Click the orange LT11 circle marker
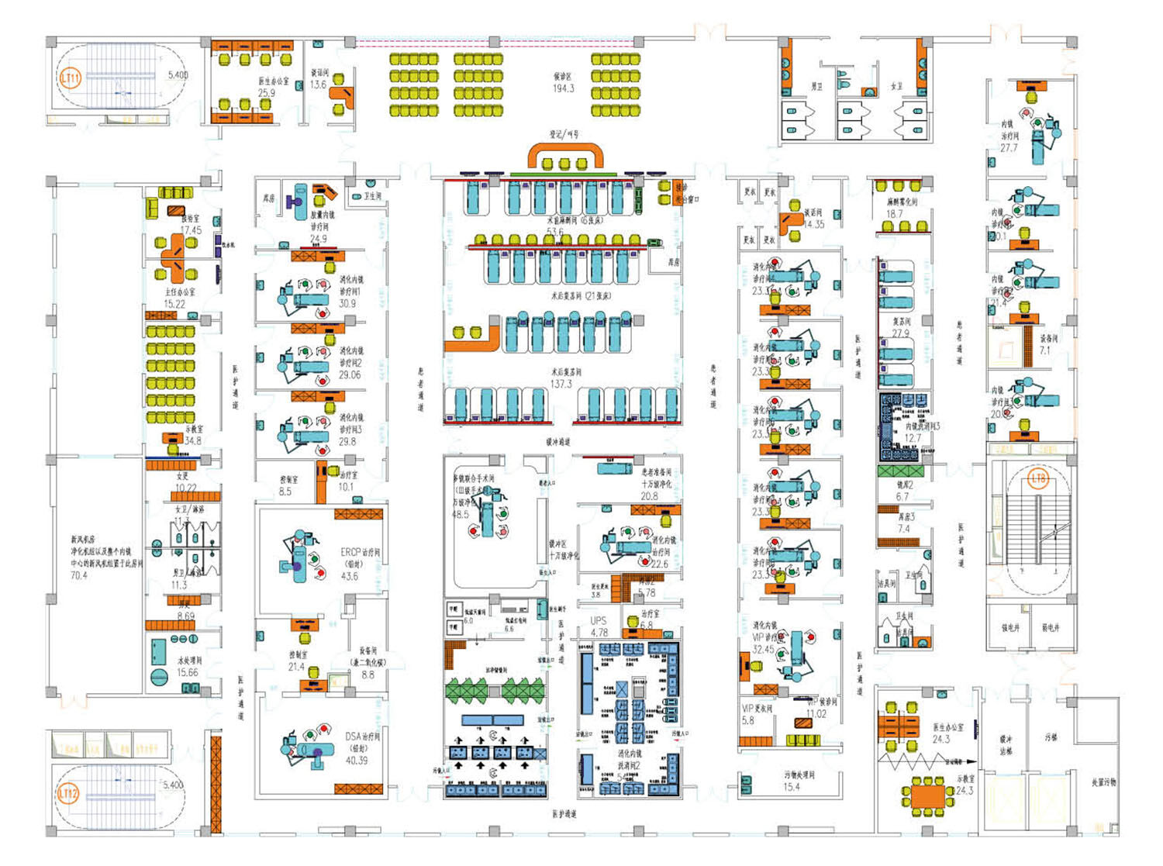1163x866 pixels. pyautogui.click(x=70, y=78)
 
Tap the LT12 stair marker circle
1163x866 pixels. pyautogui.click(x=68, y=793)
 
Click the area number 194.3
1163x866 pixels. pyautogui.click(x=563, y=88)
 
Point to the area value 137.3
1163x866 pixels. pyautogui.click(x=561, y=384)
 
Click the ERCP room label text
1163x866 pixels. pyautogui.click(x=360, y=553)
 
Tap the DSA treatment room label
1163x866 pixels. pyautogui.click(x=362, y=736)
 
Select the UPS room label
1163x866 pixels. pyautogui.click(x=599, y=620)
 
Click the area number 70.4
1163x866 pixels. pyautogui.click(x=79, y=575)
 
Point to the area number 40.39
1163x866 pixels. pyautogui.click(x=357, y=760)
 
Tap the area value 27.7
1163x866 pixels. pyautogui.click(x=1009, y=147)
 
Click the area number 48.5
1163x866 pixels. pyautogui.click(x=461, y=514)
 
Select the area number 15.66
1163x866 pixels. pyautogui.click(x=188, y=672)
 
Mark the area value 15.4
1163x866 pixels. pyautogui.click(x=791, y=787)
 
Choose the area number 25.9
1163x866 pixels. pyautogui.click(x=266, y=92)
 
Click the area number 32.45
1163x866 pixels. pyautogui.click(x=763, y=650)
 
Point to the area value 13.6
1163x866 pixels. pyautogui.click(x=318, y=85)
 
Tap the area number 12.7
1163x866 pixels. pyautogui.click(x=913, y=438)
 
